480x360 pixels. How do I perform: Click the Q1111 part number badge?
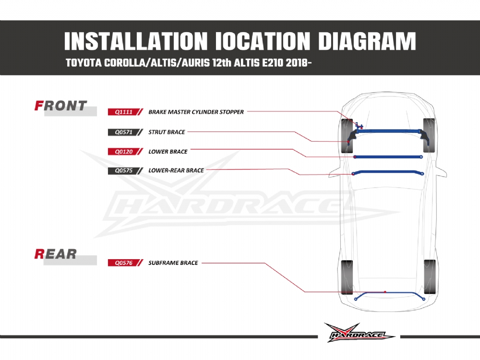[x=125, y=112]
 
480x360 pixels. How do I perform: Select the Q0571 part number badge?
[x=125, y=132]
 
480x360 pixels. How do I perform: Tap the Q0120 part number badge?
[x=125, y=152]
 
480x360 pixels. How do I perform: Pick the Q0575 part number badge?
[x=125, y=170]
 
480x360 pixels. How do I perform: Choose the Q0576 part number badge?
[x=125, y=263]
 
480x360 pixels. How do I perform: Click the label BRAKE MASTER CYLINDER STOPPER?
[x=196, y=112]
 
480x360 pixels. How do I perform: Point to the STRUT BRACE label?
[x=167, y=132]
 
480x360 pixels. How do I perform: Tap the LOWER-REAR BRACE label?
[x=176, y=170]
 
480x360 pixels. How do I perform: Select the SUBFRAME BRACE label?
[x=173, y=263]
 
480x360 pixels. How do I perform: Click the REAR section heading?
[x=55, y=254]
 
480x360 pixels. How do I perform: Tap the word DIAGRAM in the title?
[x=367, y=41]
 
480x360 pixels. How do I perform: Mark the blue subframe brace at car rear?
[x=389, y=293]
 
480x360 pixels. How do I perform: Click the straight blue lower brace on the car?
[x=388, y=157]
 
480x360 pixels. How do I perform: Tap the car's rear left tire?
[x=347, y=277]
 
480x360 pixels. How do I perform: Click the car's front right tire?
[x=429, y=135]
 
